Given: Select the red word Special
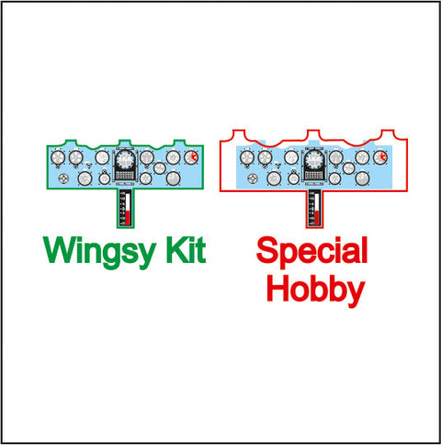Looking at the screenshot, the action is (312, 252).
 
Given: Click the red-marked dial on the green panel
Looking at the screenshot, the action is (191, 157).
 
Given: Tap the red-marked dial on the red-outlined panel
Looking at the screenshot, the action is (380, 158).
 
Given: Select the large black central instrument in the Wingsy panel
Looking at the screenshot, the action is (125, 165).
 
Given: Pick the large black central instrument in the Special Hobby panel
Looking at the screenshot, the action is (314, 165).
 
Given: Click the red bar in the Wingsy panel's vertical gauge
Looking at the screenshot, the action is (128, 217).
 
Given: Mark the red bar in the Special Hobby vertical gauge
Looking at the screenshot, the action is (317, 217).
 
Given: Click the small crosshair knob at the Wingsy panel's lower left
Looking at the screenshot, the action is (62, 178).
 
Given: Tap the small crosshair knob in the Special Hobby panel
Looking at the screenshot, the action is (252, 178).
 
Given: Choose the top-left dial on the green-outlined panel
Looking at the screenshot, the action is (58, 157).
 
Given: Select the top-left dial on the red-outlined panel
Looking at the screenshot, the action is (247, 158).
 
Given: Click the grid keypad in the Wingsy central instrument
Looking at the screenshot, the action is (125, 176).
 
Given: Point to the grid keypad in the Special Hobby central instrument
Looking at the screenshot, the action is (314, 176).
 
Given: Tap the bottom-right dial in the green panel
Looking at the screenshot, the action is (173, 178).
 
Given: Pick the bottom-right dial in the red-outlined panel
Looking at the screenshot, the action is (362, 178).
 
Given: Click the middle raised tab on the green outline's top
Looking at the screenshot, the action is (125, 141).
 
